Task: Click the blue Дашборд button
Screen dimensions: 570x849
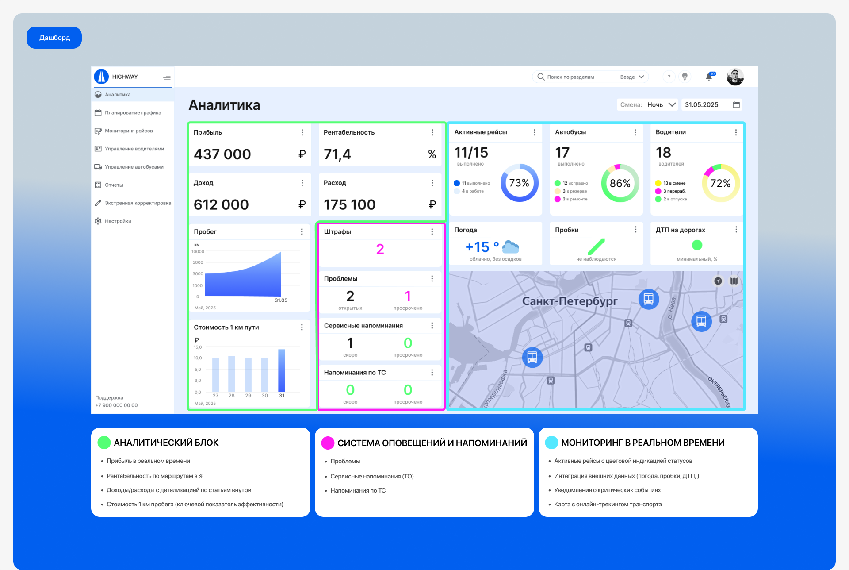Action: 54,38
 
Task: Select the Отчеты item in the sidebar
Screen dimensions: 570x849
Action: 114,185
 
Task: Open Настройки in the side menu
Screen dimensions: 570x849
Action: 118,221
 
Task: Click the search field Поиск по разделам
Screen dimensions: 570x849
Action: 575,77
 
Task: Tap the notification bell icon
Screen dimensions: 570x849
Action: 709,77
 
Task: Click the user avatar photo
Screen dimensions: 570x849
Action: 735,77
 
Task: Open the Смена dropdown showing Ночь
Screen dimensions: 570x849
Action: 661,105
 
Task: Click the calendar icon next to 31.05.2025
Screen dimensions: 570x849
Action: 736,105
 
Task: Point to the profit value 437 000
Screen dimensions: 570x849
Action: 222,154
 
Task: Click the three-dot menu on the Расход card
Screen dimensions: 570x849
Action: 432,183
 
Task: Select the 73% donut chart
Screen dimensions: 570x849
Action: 519,183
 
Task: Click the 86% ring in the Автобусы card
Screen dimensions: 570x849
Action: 620,183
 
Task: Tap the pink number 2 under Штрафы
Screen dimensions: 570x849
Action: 380,249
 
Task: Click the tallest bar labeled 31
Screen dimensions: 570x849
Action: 282,371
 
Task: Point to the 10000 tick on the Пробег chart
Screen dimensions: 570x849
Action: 198,252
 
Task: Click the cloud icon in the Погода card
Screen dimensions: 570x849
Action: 511,247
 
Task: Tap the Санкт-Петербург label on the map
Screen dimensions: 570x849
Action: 570,301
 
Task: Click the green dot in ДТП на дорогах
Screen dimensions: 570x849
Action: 697,245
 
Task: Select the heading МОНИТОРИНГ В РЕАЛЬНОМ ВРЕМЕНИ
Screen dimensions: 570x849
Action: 642,443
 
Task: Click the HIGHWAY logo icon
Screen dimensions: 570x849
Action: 101,77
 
